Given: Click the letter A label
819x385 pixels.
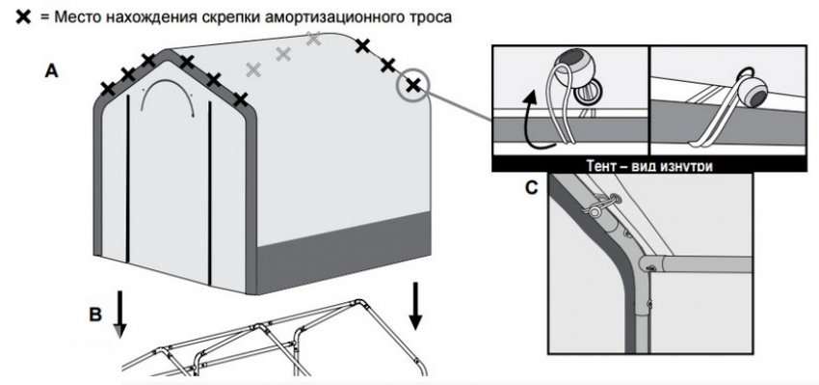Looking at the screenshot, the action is (x=51, y=70).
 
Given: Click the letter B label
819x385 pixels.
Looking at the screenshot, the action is (x=95, y=316).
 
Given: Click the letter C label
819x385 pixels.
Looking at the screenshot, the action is (x=531, y=188).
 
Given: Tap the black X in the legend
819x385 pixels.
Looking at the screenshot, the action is (x=24, y=16).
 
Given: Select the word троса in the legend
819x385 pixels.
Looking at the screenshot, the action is (x=431, y=17).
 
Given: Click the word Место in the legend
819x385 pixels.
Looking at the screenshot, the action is (x=77, y=16).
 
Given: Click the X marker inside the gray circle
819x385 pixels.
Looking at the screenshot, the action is (x=413, y=85).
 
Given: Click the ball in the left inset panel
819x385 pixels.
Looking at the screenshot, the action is (x=570, y=69).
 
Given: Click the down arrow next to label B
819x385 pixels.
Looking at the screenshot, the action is (x=120, y=315).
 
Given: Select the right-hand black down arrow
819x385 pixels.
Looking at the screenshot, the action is (x=415, y=307).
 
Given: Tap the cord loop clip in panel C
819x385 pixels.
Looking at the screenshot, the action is (x=600, y=205).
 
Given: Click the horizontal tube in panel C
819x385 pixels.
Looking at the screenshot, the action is (x=705, y=264).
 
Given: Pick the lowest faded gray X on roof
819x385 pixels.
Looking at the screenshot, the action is (x=253, y=69).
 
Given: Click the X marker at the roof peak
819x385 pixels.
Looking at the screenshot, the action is (x=148, y=60).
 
